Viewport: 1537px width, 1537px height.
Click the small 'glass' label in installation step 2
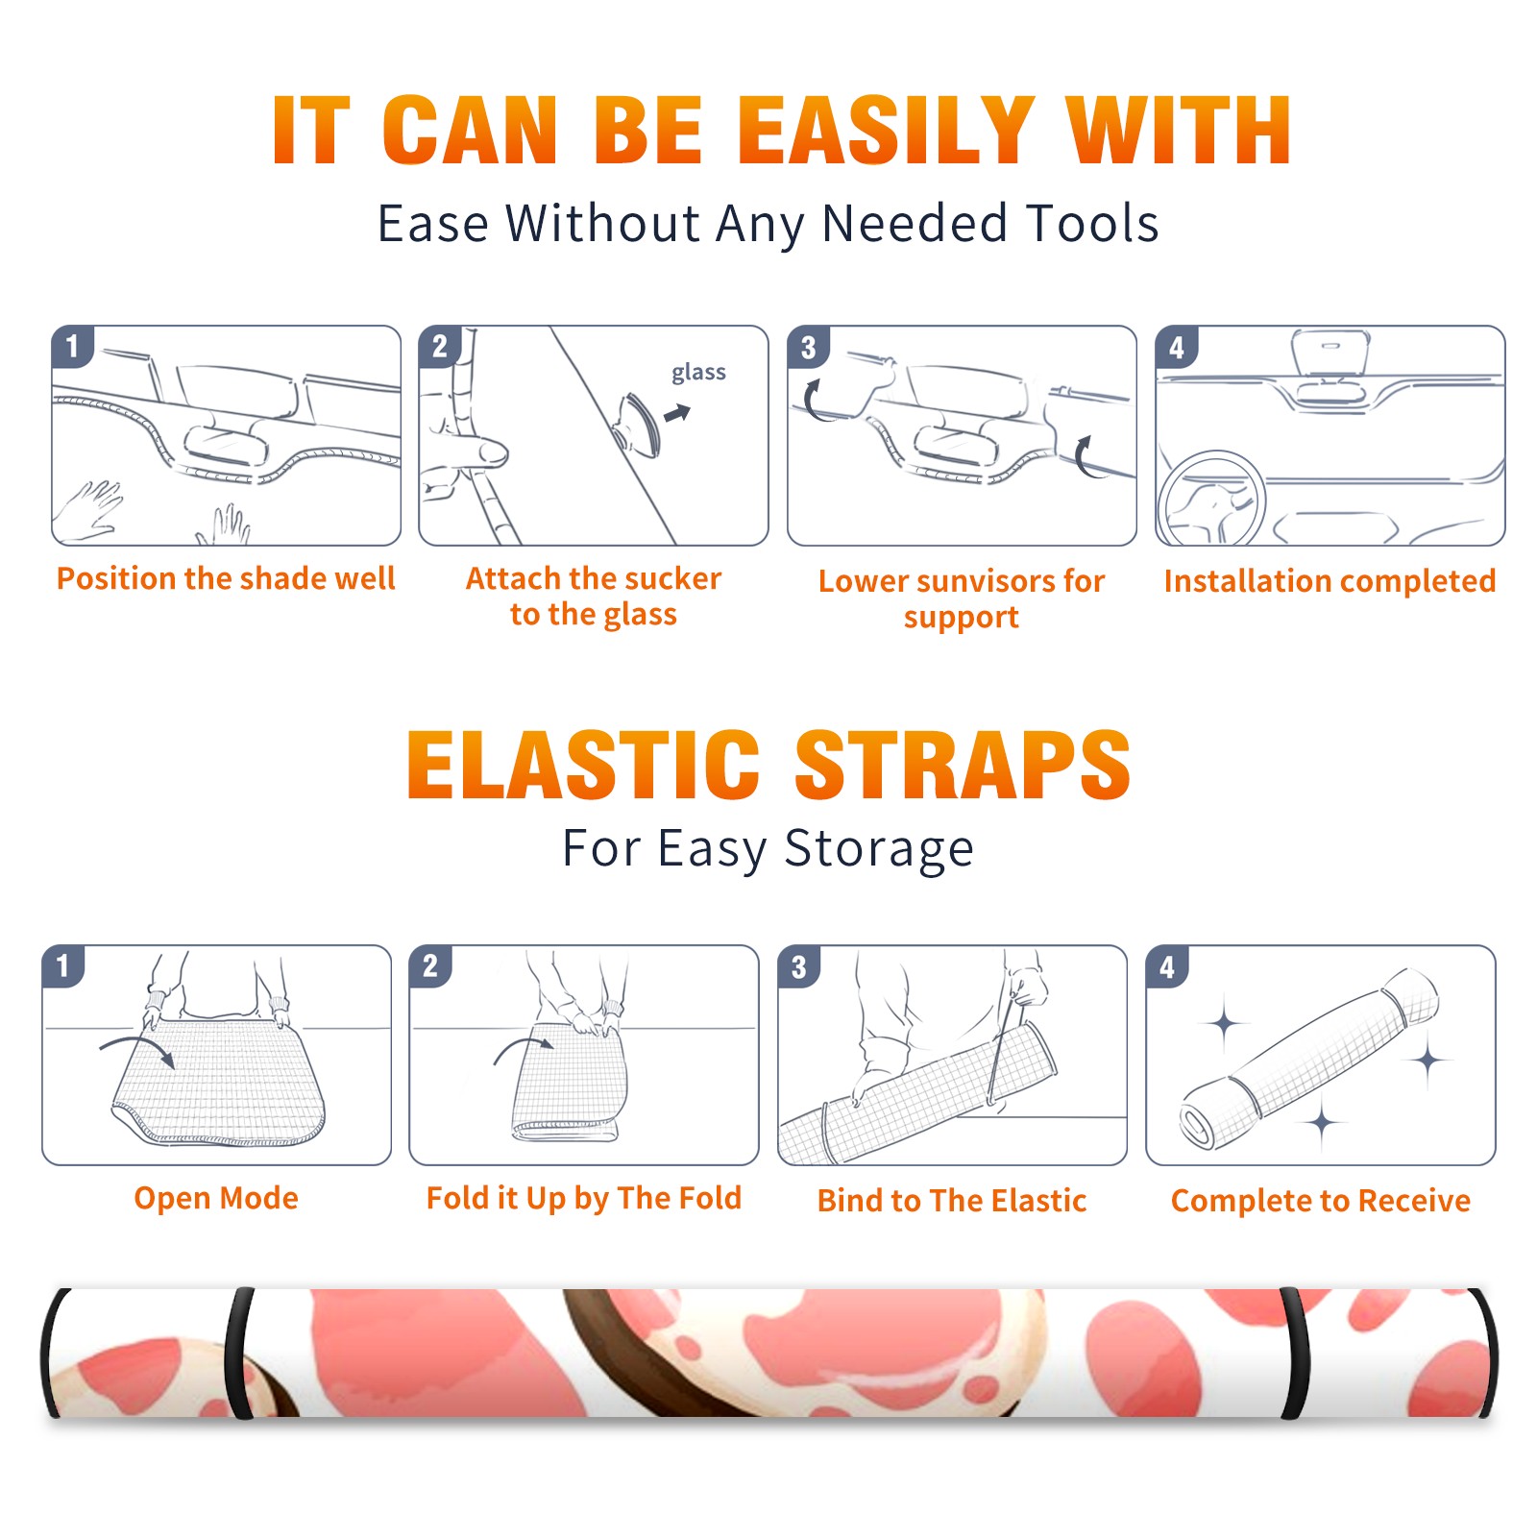click(698, 373)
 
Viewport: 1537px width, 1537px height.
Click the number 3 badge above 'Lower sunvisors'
click(808, 348)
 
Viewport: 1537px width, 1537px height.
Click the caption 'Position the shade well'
click(226, 578)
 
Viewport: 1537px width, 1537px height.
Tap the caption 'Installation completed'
click(1330, 580)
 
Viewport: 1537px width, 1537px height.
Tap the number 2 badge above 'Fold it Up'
click(429, 966)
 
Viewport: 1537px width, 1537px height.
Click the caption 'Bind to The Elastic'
click(951, 1200)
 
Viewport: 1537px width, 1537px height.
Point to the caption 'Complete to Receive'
click(1321, 1200)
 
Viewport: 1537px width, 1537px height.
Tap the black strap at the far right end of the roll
click(1483, 1353)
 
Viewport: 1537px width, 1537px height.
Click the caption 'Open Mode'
click(216, 1198)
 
